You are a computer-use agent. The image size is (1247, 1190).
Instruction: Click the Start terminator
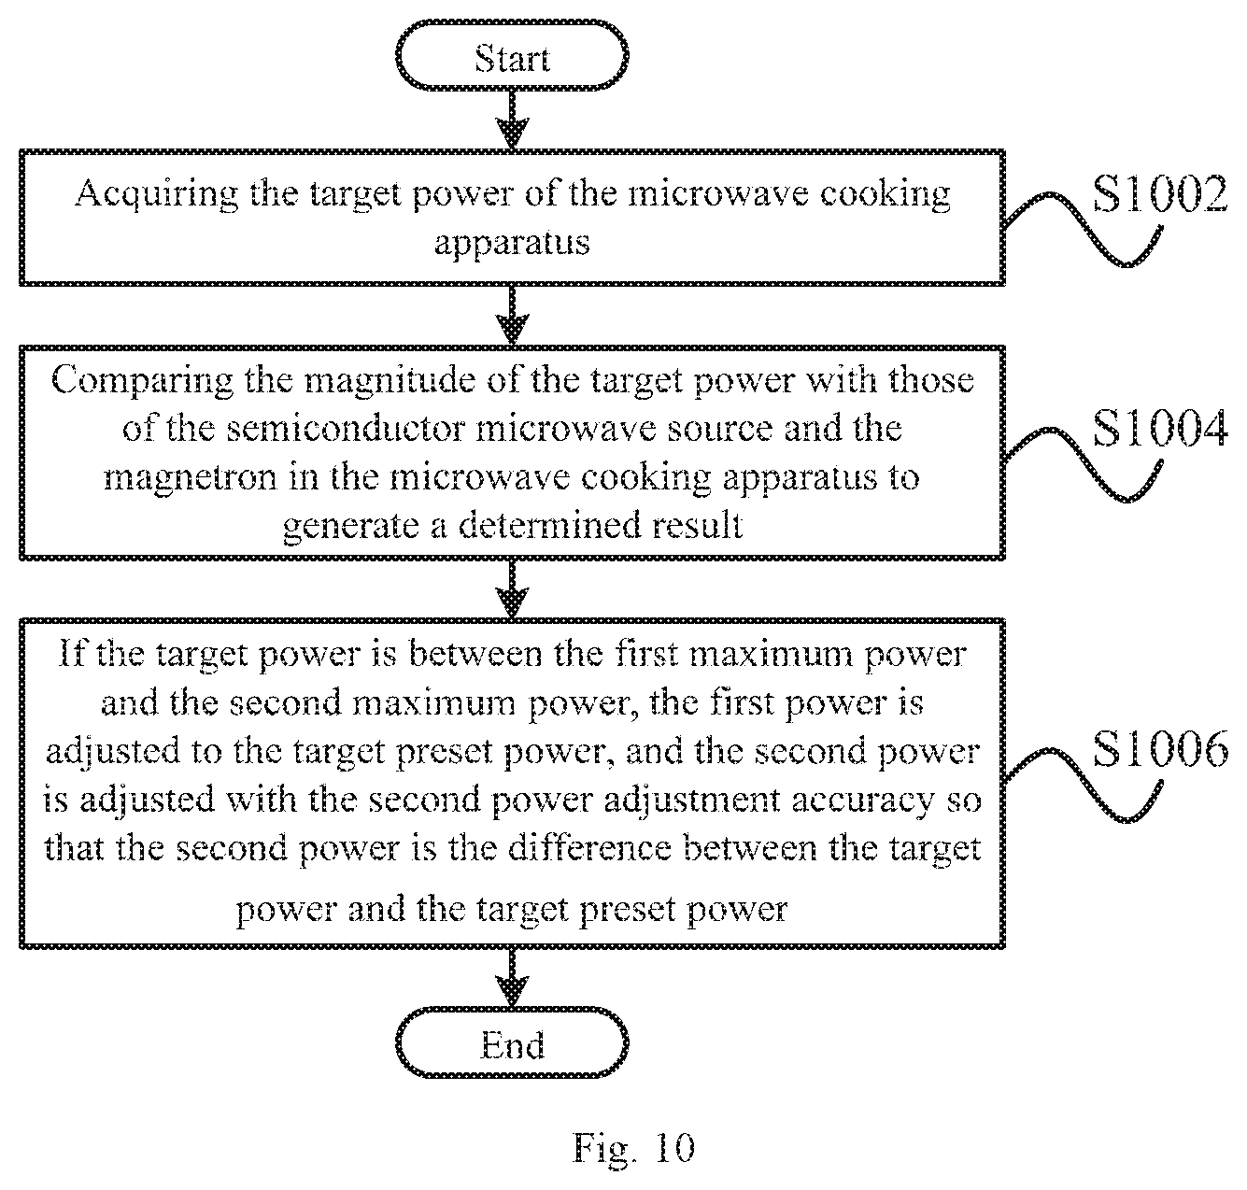click(x=512, y=55)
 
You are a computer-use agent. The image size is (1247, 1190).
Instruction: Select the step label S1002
click(x=1160, y=193)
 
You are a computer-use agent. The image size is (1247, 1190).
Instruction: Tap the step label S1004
click(x=1160, y=428)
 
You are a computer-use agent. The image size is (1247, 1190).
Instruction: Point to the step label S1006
click(x=1160, y=749)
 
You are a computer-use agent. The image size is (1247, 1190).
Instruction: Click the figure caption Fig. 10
click(x=633, y=1147)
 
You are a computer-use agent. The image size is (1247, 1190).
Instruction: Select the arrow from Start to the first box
click(x=512, y=120)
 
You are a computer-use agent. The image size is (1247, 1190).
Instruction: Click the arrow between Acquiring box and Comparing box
click(x=512, y=316)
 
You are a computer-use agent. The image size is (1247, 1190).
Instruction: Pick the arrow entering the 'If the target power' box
click(x=512, y=589)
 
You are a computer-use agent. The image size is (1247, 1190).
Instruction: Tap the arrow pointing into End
click(x=512, y=977)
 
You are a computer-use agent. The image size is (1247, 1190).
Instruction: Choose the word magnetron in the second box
click(x=191, y=477)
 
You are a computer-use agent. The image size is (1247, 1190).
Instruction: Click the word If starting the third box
click(x=72, y=653)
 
